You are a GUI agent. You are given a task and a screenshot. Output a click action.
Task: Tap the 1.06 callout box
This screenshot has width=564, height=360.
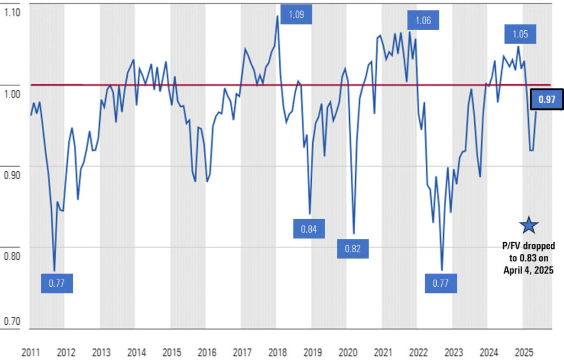tap(423, 21)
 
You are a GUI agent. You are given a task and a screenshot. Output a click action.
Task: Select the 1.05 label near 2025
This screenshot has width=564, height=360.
tap(520, 34)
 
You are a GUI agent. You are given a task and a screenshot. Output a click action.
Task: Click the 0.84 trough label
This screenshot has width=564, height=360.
tap(308, 228)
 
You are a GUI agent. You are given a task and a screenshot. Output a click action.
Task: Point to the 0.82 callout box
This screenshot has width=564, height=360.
tap(352, 249)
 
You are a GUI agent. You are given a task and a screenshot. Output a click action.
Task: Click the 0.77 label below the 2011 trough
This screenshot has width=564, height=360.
tap(57, 284)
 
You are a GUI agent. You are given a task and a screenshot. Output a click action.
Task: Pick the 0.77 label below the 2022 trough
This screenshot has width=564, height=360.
tap(441, 284)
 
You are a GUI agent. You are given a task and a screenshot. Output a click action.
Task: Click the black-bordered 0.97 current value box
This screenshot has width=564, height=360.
tap(546, 100)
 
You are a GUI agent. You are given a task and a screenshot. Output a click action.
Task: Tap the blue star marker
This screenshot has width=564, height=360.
tap(529, 224)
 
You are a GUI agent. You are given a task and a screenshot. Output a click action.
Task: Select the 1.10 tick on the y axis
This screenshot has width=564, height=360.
tap(12, 12)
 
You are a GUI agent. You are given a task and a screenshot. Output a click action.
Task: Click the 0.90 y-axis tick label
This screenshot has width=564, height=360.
tap(12, 174)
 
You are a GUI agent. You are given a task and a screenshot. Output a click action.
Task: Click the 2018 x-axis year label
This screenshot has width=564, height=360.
tap(278, 352)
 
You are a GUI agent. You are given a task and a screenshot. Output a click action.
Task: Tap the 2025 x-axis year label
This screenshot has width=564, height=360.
tap(524, 352)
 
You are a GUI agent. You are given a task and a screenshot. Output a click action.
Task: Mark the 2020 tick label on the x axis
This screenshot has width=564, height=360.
tap(348, 352)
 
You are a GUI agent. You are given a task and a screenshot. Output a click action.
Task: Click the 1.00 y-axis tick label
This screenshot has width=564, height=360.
tap(12, 93)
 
